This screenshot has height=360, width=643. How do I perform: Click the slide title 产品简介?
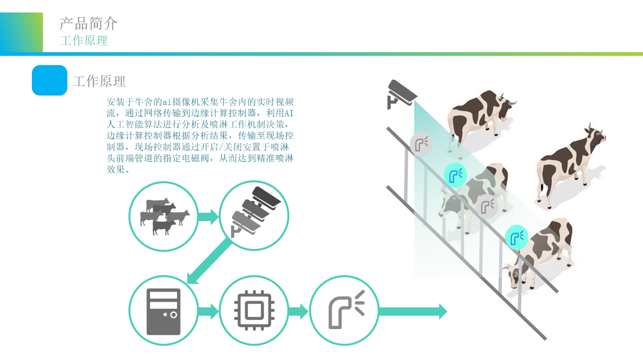(x=89, y=23)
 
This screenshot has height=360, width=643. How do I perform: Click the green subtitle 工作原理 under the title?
(x=84, y=41)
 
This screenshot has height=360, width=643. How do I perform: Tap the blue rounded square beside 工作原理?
(x=49, y=80)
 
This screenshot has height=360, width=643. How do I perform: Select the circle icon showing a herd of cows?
(x=163, y=216)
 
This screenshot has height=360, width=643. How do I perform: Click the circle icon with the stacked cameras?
(x=254, y=216)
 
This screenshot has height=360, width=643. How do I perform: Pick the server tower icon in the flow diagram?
(x=163, y=311)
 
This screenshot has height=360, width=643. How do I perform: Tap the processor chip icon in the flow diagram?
(x=254, y=311)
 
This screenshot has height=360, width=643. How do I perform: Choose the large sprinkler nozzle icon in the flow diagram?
(x=344, y=311)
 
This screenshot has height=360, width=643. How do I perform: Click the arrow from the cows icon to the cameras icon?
(x=208, y=216)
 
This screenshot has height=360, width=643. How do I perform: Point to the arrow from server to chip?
(x=208, y=311)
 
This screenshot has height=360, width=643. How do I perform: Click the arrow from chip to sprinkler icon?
(x=298, y=311)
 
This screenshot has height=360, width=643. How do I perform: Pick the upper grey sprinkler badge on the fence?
(x=421, y=144)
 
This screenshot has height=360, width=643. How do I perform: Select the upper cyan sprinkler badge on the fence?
(x=455, y=175)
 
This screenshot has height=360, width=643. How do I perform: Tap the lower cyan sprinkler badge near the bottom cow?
(x=517, y=238)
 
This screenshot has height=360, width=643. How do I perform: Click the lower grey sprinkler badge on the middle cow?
(x=486, y=206)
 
